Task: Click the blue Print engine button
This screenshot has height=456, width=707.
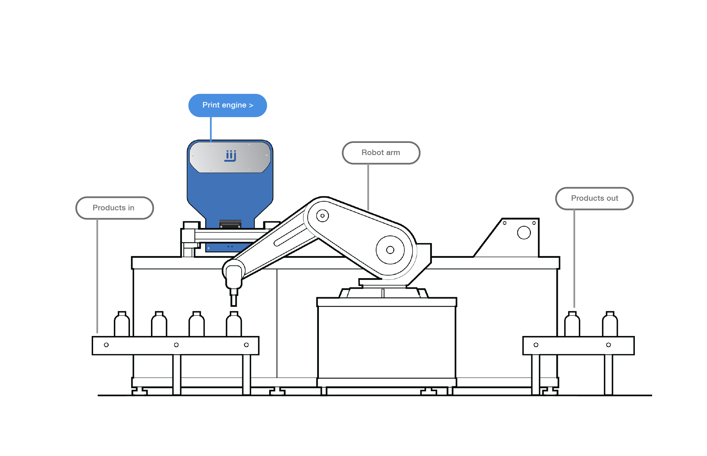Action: tap(228, 105)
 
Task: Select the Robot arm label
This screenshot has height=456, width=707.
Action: tap(381, 153)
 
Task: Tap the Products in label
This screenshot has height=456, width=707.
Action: tap(115, 208)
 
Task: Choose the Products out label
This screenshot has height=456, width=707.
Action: tap(594, 199)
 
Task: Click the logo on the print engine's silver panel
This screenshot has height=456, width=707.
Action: tap(231, 156)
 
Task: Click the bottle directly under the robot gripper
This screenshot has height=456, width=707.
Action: tap(234, 324)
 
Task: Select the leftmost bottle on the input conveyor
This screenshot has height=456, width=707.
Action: tap(122, 324)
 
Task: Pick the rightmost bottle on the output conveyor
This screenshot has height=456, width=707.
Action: tap(610, 324)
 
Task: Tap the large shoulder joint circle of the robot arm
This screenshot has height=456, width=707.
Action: tap(390, 250)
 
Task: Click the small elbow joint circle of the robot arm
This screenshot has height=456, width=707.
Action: tap(323, 216)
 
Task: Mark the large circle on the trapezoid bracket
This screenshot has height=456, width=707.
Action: tap(524, 232)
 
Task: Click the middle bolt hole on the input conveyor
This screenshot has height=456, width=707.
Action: tap(176, 345)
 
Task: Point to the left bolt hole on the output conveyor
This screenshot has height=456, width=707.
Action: tap(536, 345)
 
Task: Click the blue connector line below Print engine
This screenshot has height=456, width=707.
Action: tap(211, 129)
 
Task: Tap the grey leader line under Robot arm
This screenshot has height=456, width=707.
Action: tap(368, 187)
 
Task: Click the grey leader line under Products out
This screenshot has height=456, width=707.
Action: tap(574, 259)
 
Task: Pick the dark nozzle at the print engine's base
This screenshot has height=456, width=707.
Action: tap(231, 224)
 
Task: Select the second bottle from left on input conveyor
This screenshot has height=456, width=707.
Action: tap(159, 324)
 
